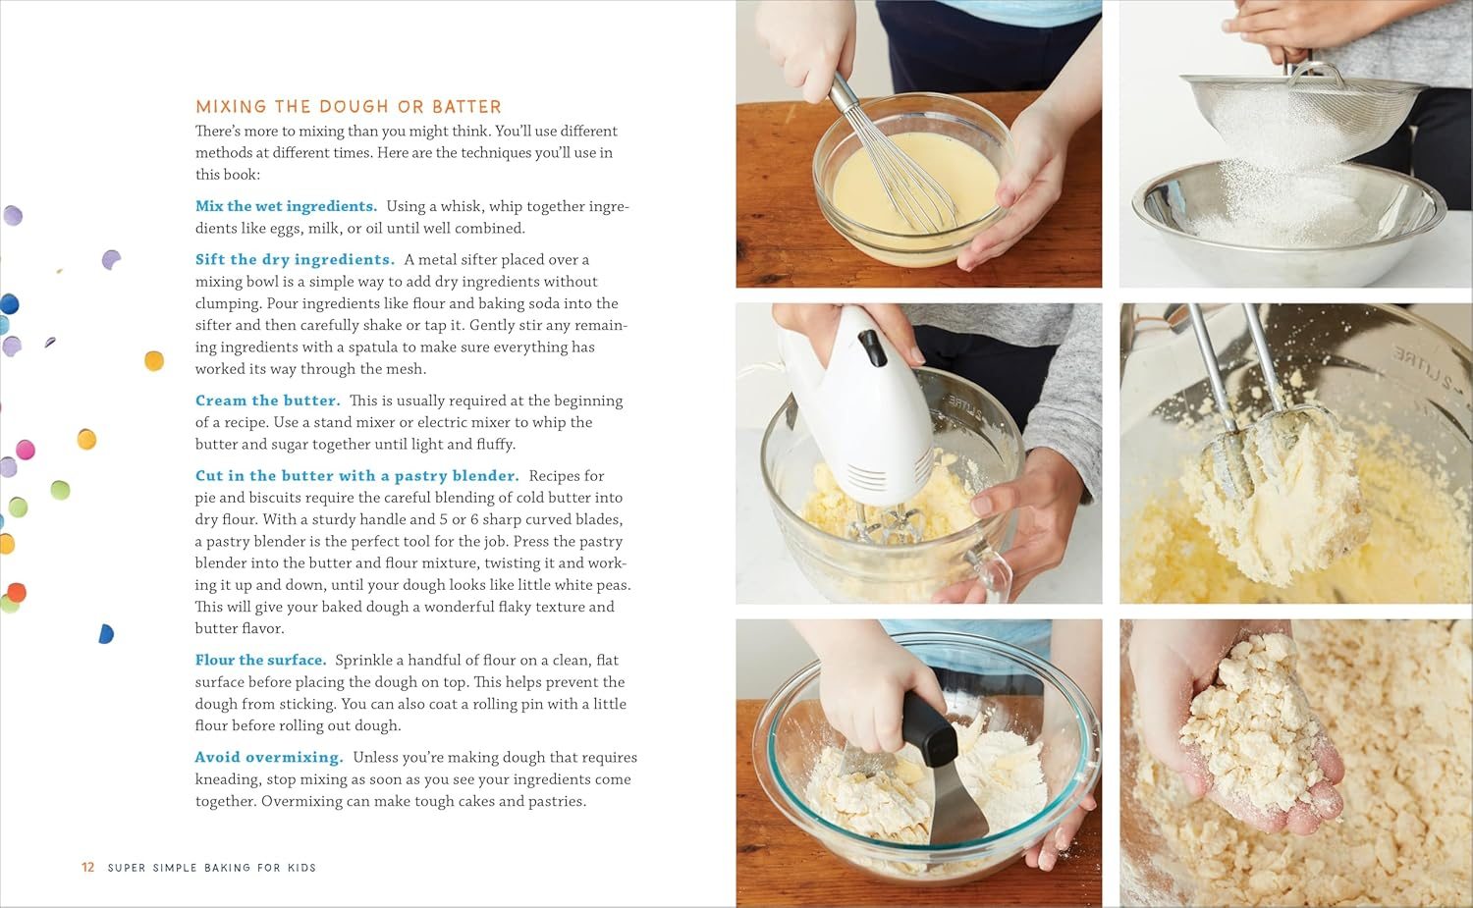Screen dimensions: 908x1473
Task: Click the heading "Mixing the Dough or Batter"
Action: pos(348,107)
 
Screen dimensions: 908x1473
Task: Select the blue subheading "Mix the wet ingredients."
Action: pos(286,206)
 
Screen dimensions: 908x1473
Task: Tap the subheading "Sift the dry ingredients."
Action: pos(295,259)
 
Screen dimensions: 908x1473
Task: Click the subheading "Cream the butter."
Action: pos(267,401)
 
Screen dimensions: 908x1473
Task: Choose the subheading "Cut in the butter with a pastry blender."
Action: pos(356,476)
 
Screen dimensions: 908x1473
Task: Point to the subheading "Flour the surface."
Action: pos(260,661)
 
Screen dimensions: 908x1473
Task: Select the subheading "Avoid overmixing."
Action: pos(268,758)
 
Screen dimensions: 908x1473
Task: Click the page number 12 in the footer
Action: pos(87,868)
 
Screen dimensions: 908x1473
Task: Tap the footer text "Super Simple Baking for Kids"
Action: pos(212,868)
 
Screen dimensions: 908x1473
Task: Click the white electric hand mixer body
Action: pos(864,402)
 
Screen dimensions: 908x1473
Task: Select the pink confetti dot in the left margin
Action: pos(26,450)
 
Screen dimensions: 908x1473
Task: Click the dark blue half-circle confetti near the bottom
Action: pos(106,634)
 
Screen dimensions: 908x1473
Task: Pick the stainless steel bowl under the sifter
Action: pos(1286,216)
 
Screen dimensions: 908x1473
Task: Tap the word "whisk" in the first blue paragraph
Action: pos(464,206)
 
